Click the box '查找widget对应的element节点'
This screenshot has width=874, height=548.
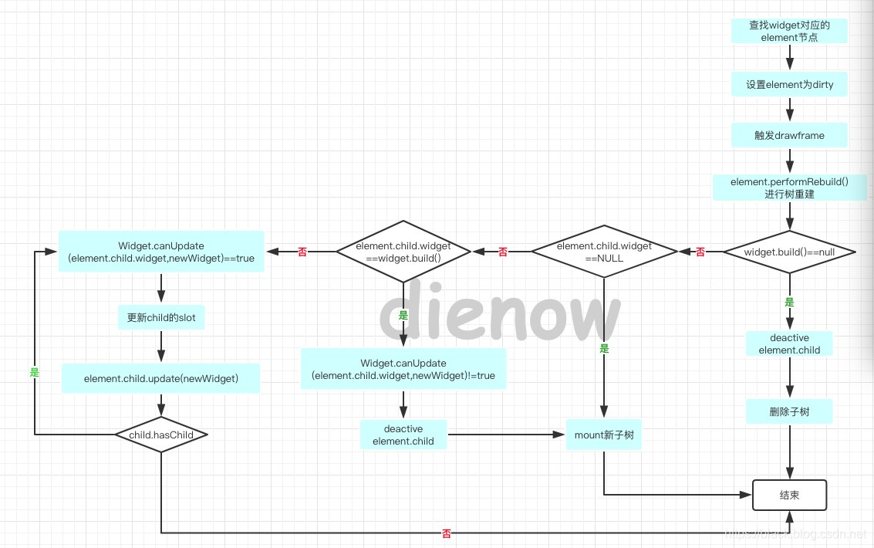pyautogui.click(x=788, y=30)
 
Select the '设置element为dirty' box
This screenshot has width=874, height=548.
pyautogui.click(x=789, y=84)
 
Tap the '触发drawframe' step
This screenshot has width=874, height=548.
pyautogui.click(x=789, y=135)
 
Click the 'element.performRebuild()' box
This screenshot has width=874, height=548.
pyautogui.click(x=789, y=188)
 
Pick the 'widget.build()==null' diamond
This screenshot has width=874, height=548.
pyautogui.click(x=789, y=252)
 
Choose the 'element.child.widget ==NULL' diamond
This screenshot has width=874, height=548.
pyautogui.click(x=603, y=252)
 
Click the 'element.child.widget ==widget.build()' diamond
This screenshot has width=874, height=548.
pyautogui.click(x=403, y=252)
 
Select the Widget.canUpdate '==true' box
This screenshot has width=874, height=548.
pyautogui.click(x=161, y=252)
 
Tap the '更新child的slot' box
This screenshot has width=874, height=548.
pyautogui.click(x=161, y=317)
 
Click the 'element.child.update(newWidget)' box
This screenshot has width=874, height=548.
pyautogui.click(x=161, y=378)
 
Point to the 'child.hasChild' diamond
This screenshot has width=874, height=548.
pyautogui.click(x=161, y=435)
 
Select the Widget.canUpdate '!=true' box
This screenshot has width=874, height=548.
pyautogui.click(x=403, y=369)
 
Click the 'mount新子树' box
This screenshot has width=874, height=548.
pyautogui.click(x=604, y=435)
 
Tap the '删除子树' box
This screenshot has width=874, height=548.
pyautogui.click(x=789, y=411)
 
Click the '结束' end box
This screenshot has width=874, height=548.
pyautogui.click(x=789, y=495)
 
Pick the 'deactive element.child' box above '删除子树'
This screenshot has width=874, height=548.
pyautogui.click(x=789, y=344)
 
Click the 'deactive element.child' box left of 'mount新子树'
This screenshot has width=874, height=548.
pyautogui.click(x=403, y=435)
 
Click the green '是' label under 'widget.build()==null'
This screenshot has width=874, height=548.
pyautogui.click(x=789, y=303)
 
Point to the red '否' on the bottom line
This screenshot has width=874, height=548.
pyautogui.click(x=447, y=533)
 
